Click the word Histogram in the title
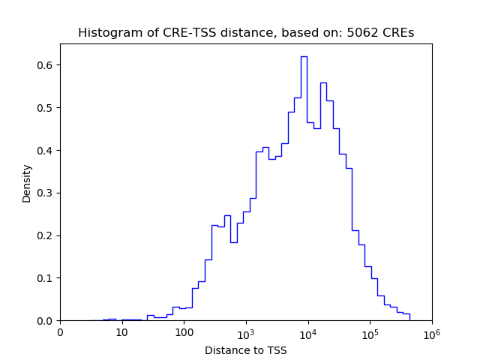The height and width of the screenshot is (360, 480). click(105, 33)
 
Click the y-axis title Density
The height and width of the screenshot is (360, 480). click(27, 183)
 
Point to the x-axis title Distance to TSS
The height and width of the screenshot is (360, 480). click(245, 350)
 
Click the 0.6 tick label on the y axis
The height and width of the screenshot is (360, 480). click(45, 65)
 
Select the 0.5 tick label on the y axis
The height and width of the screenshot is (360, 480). click(45, 108)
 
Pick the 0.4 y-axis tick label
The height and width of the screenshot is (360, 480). click(45, 151)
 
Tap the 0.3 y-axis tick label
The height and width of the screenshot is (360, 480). click(45, 193)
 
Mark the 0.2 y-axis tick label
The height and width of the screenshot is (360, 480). click(45, 235)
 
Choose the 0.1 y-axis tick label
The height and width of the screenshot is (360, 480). click(45, 278)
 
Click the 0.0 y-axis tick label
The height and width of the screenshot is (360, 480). click(45, 321)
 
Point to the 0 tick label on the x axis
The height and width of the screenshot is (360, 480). click(60, 332)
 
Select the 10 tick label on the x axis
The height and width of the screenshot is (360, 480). click(122, 332)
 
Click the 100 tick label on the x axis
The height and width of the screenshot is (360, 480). click(184, 332)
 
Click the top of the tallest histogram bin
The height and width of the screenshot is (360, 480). click(304, 56)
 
